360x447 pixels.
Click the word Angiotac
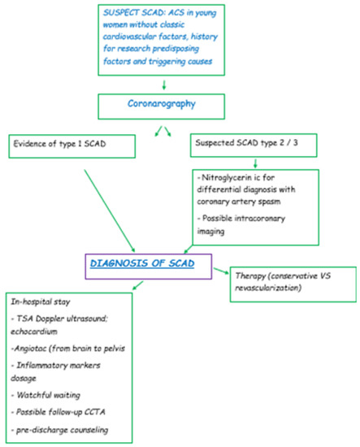(x=33, y=347)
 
